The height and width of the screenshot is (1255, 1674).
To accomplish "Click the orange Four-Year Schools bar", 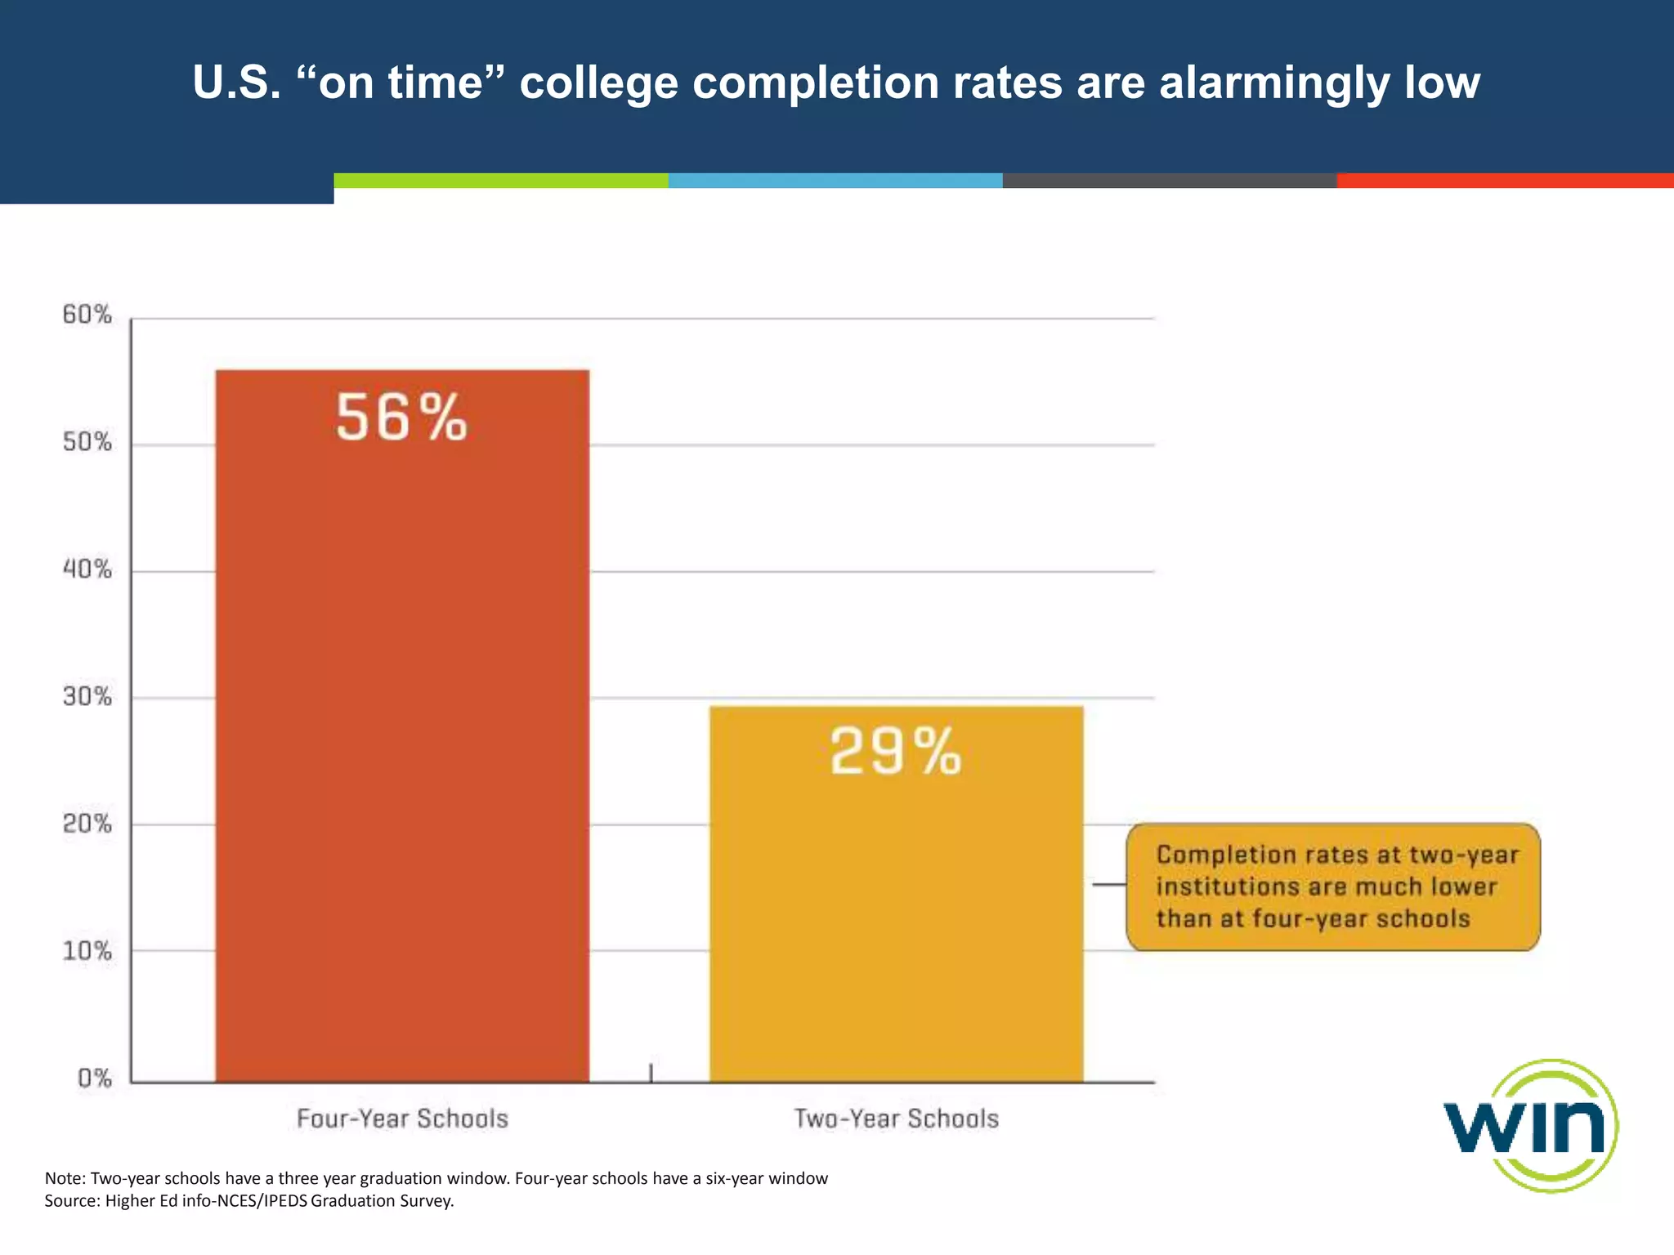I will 402,735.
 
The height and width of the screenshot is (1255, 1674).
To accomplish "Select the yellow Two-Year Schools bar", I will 896,915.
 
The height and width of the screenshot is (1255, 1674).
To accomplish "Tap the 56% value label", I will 401,418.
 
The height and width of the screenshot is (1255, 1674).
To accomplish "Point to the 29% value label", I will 896,752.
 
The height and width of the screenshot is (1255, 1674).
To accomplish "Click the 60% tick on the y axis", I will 87,315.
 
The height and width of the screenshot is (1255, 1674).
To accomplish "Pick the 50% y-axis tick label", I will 87,442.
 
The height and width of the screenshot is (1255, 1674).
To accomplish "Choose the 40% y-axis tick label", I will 87,569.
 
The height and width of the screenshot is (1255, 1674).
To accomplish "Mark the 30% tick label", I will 87,696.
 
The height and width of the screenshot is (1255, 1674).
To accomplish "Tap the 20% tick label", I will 87,823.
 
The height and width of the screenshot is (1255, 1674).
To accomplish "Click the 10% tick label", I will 87,950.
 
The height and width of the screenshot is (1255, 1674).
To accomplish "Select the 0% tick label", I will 94,1078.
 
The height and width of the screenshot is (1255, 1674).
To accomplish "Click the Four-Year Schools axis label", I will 402,1119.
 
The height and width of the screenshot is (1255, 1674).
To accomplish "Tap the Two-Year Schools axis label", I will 896,1119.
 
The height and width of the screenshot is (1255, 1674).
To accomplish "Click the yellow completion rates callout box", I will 1332,887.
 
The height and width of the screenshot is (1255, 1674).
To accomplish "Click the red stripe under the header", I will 1504,181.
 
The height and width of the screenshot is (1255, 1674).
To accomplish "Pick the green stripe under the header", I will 500,181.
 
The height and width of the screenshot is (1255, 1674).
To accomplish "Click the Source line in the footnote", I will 248,1201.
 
